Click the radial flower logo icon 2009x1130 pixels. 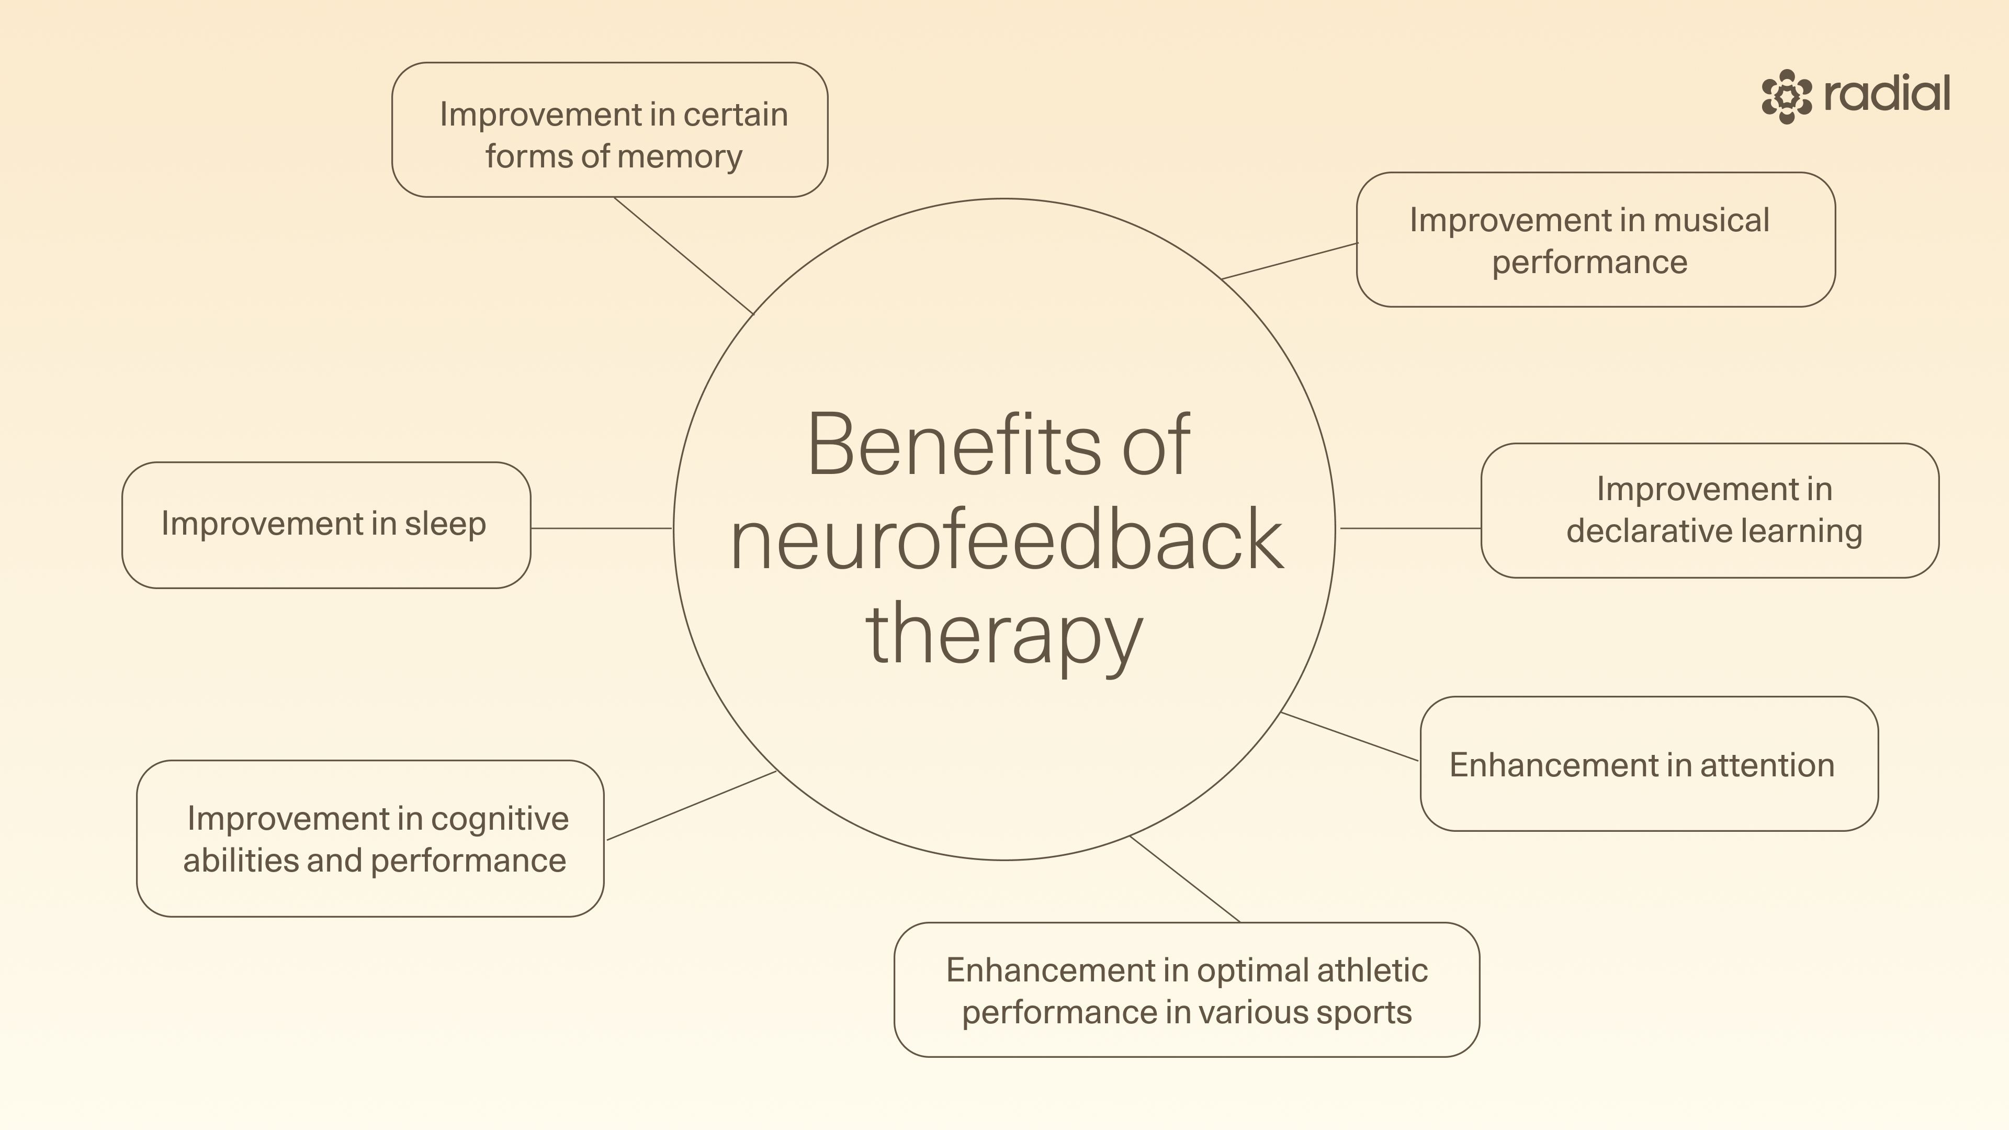point(1787,96)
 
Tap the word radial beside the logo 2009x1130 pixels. point(1887,94)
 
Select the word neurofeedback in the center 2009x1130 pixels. point(1006,540)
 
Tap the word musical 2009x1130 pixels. point(1711,221)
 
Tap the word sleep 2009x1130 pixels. point(445,523)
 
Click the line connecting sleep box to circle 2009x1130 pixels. point(601,528)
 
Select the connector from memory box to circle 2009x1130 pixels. point(683,255)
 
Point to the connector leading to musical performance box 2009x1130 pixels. point(1289,261)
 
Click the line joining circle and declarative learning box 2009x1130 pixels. point(1410,528)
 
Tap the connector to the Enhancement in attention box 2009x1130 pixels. point(1349,736)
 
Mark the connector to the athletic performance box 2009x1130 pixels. point(1184,879)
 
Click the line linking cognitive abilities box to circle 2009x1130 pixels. point(691,806)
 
